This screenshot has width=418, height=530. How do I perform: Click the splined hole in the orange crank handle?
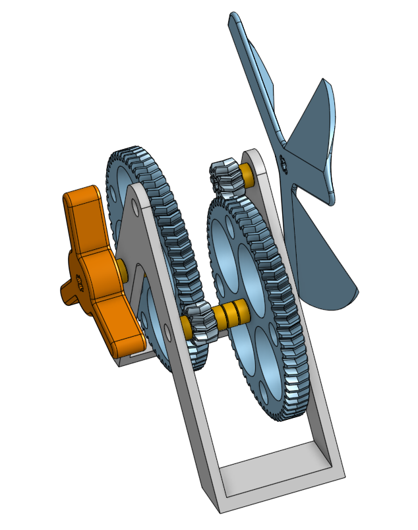click(x=80, y=283)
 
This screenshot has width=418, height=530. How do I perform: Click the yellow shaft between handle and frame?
click(x=123, y=267)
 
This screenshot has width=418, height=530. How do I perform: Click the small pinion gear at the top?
click(x=224, y=175)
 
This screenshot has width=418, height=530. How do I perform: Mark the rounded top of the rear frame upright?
click(x=258, y=155)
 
